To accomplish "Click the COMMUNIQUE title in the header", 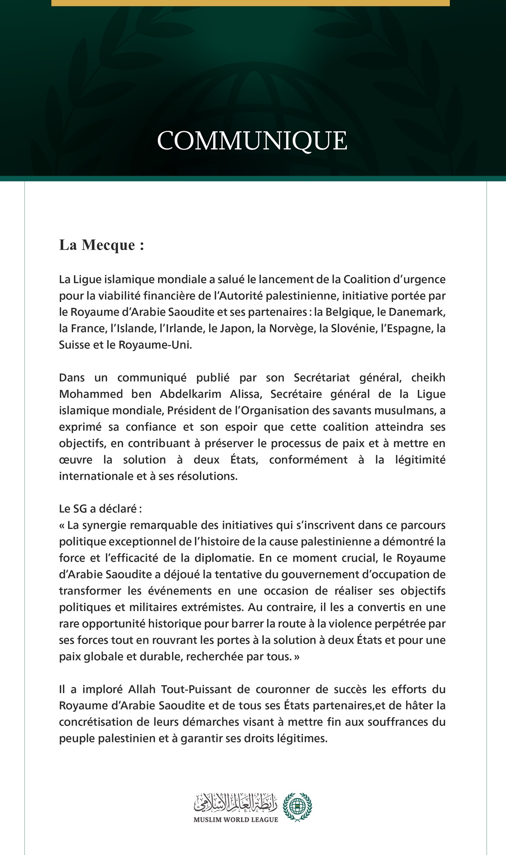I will tap(252, 141).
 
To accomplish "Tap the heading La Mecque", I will tap(102, 245).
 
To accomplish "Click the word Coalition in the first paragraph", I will tap(367, 279).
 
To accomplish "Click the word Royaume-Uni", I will tap(155, 345).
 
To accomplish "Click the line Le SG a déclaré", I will tap(100, 509).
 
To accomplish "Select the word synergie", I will tap(105, 525).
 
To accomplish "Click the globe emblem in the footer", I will tap(297, 806).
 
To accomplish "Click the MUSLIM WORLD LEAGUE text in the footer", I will tap(236, 819).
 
